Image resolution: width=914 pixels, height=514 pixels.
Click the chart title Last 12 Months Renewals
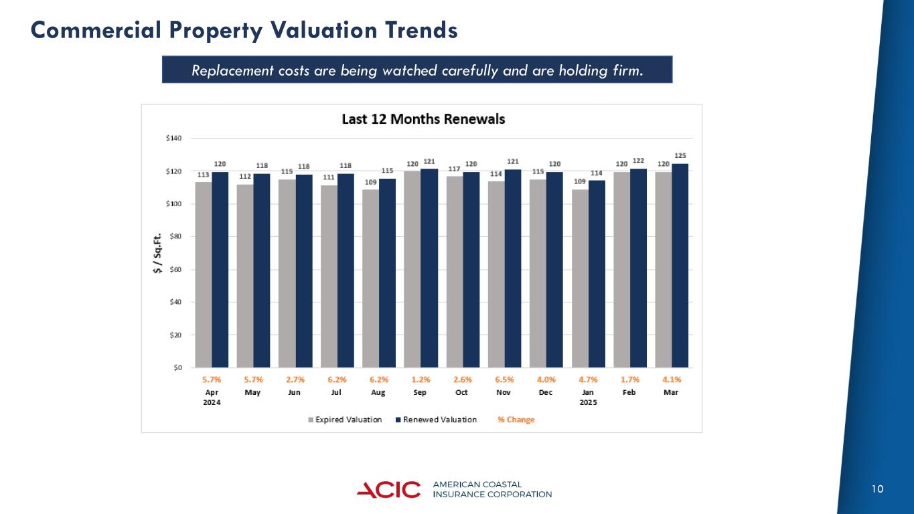[x=423, y=119]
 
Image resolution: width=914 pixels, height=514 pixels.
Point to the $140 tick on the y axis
[x=174, y=138]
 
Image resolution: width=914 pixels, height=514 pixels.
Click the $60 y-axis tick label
[x=174, y=270]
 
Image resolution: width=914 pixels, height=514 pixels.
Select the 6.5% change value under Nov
[x=504, y=379]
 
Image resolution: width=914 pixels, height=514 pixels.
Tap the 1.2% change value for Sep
[x=421, y=379]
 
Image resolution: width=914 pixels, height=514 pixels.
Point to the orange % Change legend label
[x=516, y=420]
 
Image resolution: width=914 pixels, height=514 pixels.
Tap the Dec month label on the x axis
[x=546, y=392]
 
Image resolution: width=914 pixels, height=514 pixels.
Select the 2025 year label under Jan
[x=588, y=402]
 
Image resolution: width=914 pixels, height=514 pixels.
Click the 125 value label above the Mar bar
[x=680, y=155]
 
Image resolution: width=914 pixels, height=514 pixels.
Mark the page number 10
[x=877, y=489]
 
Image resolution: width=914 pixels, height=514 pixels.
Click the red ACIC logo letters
[x=389, y=490]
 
